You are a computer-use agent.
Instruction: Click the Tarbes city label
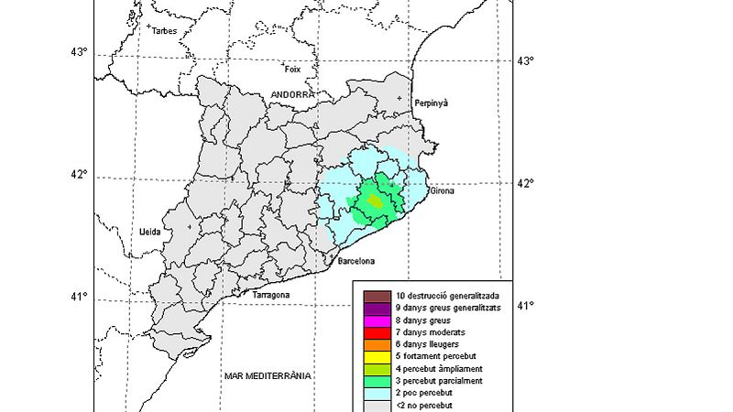(165, 31)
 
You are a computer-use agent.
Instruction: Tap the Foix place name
(293, 69)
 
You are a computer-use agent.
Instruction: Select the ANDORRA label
(292, 94)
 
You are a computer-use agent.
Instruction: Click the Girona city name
(443, 191)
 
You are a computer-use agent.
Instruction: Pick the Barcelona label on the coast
(356, 262)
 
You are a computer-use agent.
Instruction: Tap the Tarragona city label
(271, 295)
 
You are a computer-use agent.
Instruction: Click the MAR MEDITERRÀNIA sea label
(268, 376)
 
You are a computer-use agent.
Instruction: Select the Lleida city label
(150, 232)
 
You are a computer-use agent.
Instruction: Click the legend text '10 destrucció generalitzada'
(447, 296)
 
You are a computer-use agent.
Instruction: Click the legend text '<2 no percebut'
(424, 405)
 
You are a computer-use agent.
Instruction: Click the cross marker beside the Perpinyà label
(400, 98)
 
